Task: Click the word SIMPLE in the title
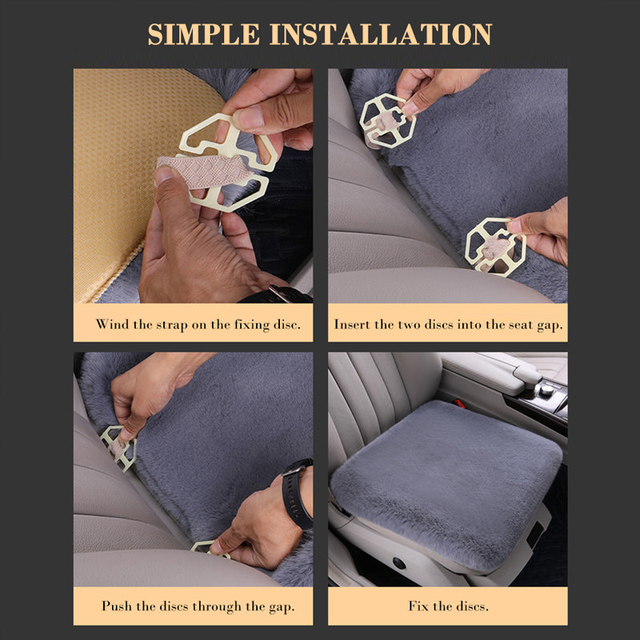click(x=203, y=34)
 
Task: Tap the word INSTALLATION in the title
click(x=381, y=34)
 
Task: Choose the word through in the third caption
click(x=217, y=606)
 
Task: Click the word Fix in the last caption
click(x=418, y=606)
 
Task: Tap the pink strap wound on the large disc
click(x=204, y=171)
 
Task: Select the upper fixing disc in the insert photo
click(x=387, y=121)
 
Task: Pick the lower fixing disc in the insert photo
click(x=495, y=247)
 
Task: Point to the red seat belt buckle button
click(x=460, y=403)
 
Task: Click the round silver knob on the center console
click(x=545, y=390)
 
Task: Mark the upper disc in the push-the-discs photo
click(x=118, y=448)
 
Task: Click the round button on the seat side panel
click(x=398, y=563)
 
